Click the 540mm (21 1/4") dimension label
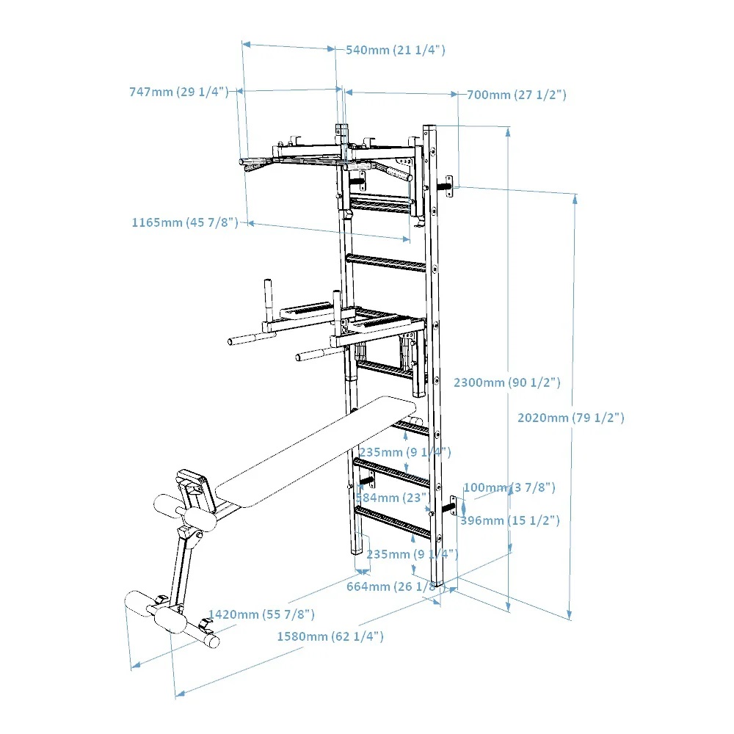coord(396,50)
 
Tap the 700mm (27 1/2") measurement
coord(517,95)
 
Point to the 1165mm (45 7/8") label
coord(185,222)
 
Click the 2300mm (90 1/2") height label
coord(506,382)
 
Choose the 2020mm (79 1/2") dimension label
coord(570,418)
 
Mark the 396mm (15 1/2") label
coord(510,520)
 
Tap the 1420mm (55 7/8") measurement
coord(261,614)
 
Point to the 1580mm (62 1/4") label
coord(330,636)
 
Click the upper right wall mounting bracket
coord(449,183)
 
